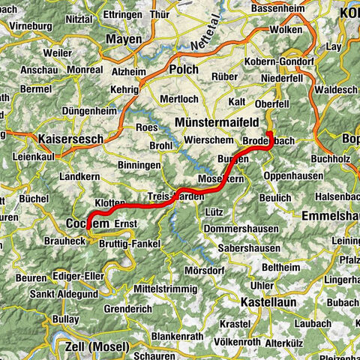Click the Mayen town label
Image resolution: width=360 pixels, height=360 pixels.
click(x=124, y=39)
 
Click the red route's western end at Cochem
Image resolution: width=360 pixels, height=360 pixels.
click(x=88, y=224)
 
